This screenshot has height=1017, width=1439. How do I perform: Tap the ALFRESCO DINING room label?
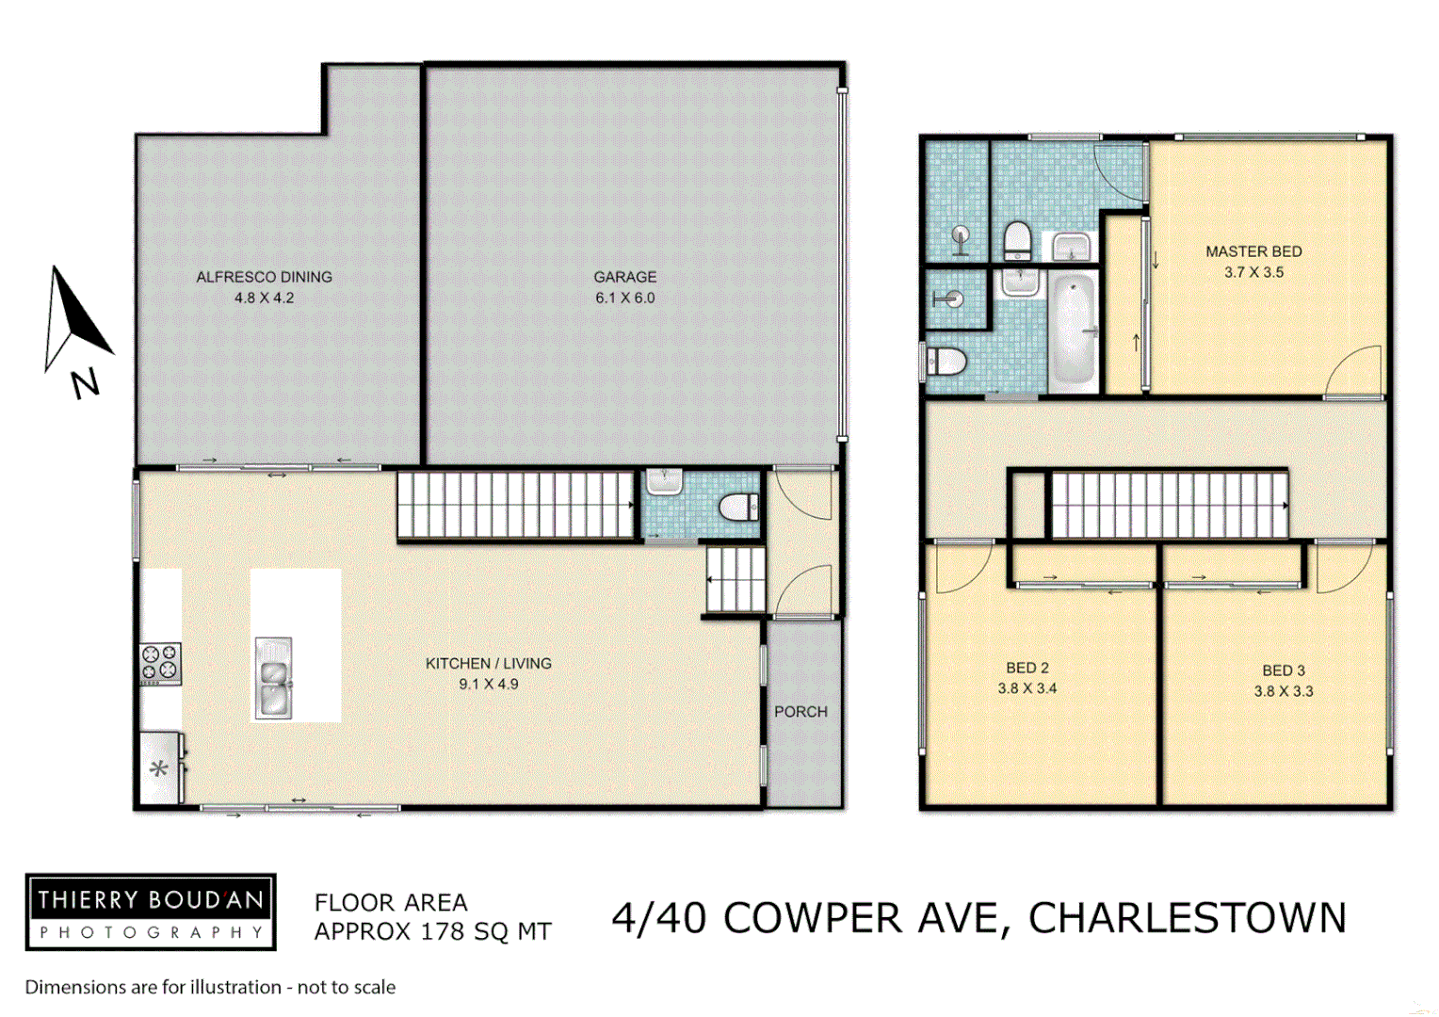(264, 277)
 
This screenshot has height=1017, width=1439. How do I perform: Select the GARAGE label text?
(624, 277)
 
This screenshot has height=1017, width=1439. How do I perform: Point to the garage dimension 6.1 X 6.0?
(624, 298)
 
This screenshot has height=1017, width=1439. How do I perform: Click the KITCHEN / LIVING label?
(488, 663)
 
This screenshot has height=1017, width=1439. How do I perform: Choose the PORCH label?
(800, 712)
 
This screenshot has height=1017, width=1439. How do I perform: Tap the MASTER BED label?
(1253, 251)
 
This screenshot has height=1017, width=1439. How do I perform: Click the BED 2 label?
(1027, 668)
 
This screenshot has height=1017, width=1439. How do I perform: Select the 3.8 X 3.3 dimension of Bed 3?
(1283, 691)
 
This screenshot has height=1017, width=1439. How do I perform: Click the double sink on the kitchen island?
(273, 678)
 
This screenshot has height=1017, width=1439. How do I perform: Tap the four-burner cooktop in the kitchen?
(159, 663)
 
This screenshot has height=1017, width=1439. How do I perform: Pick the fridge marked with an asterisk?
(159, 768)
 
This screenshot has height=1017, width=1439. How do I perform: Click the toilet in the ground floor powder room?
(739, 508)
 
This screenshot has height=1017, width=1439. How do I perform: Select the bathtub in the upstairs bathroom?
(1074, 331)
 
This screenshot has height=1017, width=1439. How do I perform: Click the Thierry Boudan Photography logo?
(151, 912)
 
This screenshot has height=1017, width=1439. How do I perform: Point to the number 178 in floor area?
(443, 931)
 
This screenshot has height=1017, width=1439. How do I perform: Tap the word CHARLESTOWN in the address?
(1187, 918)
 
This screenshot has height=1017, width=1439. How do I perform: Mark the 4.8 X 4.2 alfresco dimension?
(264, 298)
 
